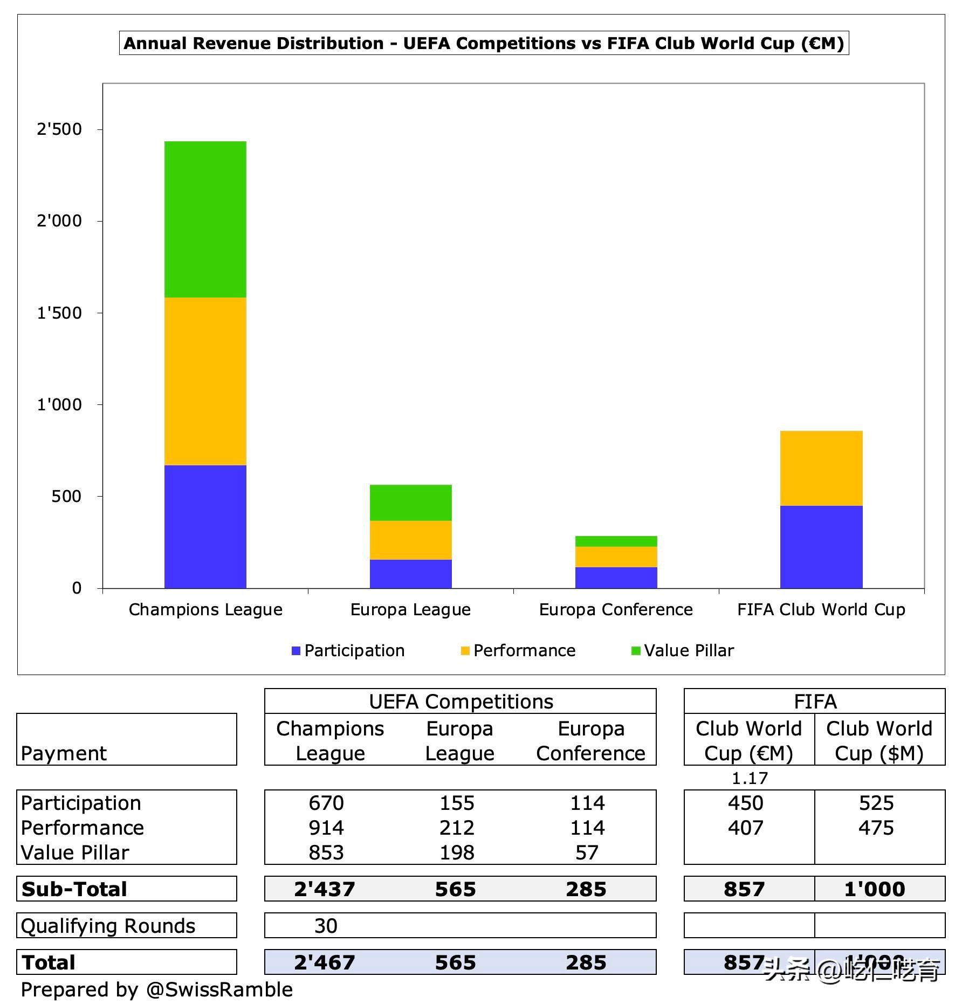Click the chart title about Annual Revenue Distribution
pos(484,43)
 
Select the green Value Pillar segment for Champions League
pos(205,219)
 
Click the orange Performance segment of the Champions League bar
pos(205,381)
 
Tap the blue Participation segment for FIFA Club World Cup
pos(821,546)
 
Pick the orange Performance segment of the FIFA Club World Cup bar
pos(821,468)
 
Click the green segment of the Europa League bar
pos(410,503)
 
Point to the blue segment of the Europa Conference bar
pos(616,577)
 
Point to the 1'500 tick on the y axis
pos(59,313)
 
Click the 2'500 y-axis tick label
pos(59,129)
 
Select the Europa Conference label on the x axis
pos(616,609)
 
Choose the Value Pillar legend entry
pos(683,650)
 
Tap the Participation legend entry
pos(348,650)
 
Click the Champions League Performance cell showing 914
pos(326,827)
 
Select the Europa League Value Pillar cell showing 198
pos(457,852)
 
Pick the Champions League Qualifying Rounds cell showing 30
pos(326,925)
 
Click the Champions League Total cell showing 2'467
pos(325,962)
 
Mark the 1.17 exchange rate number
pos(750,778)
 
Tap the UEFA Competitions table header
pos(461,702)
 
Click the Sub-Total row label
pos(74,889)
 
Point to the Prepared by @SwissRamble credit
pos(156,989)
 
